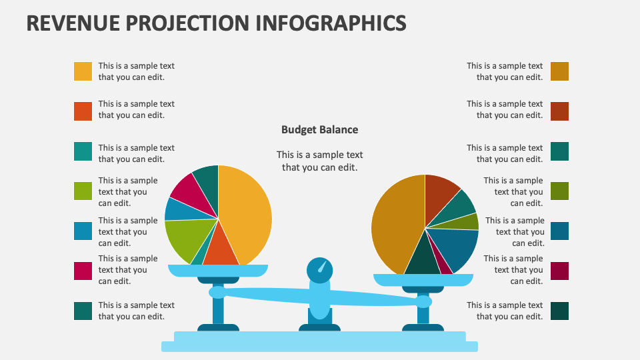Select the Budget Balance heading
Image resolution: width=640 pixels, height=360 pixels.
coord(319,130)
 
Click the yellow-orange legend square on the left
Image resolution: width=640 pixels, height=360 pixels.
coord(83,71)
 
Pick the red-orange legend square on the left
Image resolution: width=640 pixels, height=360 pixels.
coord(83,111)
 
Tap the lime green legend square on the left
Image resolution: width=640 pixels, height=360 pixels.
coord(83,191)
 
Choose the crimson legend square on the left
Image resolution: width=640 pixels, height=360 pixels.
coord(83,271)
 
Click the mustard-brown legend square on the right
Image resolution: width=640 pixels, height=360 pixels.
coord(559,71)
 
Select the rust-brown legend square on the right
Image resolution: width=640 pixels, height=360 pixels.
coord(559,111)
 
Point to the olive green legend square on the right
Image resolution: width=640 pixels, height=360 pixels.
coord(559,191)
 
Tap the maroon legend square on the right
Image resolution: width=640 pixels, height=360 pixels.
coord(559,271)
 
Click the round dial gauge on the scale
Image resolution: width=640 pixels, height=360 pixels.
coord(319,269)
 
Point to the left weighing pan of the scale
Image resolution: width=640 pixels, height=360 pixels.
coord(217,270)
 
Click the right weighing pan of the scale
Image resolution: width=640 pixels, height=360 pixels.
coord(423,280)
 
